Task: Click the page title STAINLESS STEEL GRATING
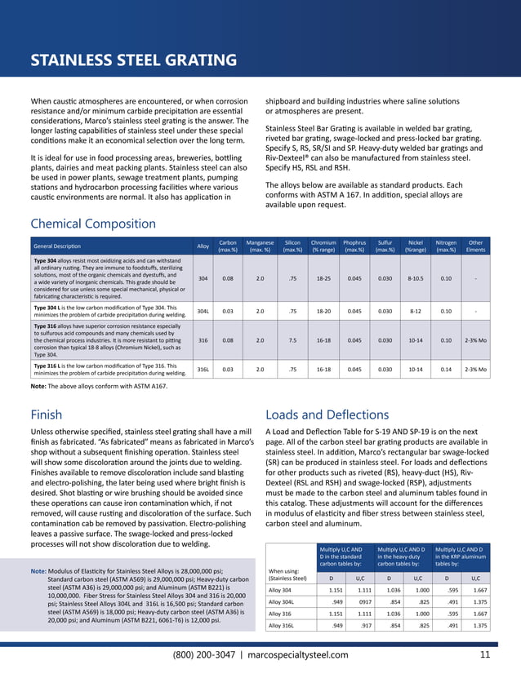pos(133,61)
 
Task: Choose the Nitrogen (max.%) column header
pos(446,246)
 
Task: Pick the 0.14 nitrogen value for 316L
pos(446,368)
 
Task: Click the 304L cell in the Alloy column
pos(203,311)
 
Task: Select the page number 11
pos(485,654)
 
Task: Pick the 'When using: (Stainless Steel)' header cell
pos(289,575)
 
